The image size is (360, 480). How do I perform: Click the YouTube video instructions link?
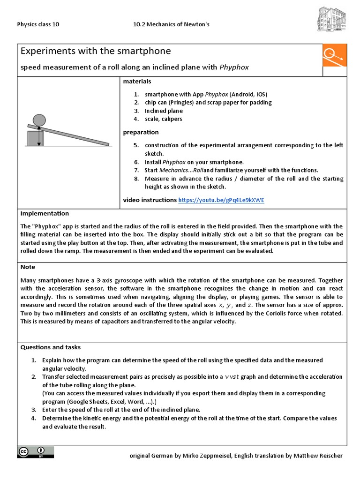coord(221,200)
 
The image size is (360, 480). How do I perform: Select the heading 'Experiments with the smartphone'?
coord(95,51)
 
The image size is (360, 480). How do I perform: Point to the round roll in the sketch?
coord(39,120)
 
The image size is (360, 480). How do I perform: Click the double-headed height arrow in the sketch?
coord(39,136)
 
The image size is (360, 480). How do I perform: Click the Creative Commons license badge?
coord(36,452)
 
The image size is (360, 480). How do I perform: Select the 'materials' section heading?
coord(137,82)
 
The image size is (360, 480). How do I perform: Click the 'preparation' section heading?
coord(141,132)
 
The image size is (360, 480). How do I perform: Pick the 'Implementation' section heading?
coord(45,213)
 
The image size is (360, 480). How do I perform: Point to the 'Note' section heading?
coord(28,267)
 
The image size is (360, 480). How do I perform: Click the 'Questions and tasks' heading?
coord(50,347)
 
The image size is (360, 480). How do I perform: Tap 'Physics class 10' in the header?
coord(38,24)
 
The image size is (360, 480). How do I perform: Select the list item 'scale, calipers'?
coord(163,119)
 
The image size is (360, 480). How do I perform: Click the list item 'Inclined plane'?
coord(164,111)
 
